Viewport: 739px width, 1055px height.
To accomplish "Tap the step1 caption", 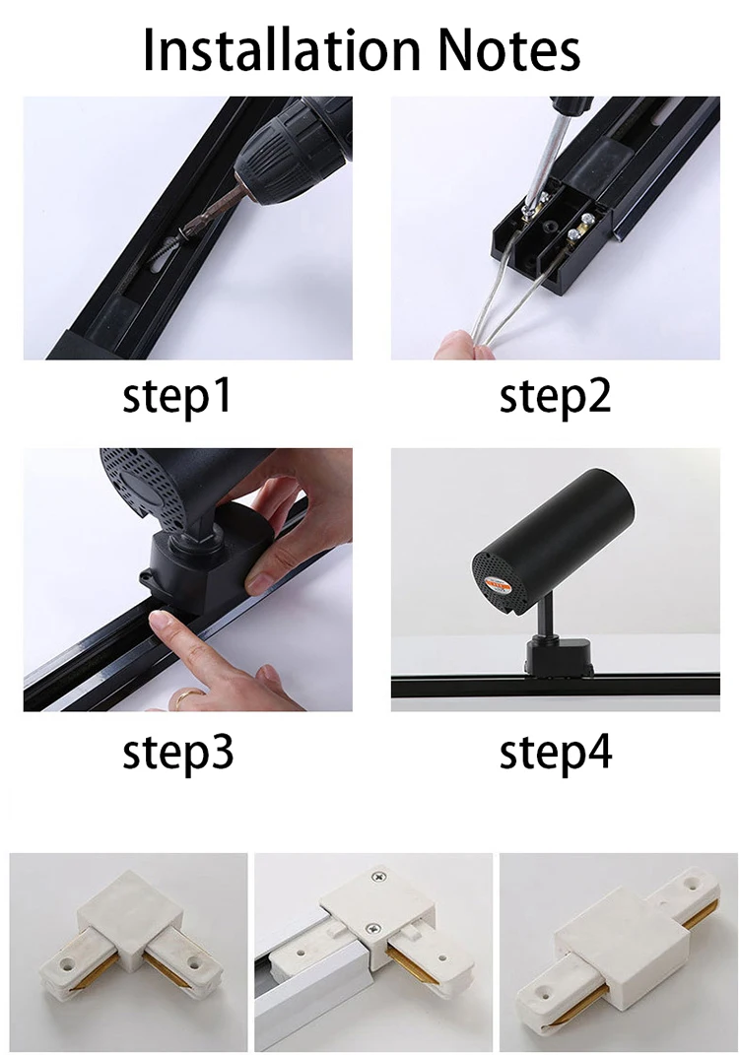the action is pyautogui.click(x=177, y=396).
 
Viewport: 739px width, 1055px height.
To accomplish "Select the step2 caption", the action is pyautogui.click(x=556, y=396).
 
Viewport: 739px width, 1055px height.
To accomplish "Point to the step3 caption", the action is pyautogui.click(x=178, y=753).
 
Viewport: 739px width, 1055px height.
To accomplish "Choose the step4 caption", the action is pyautogui.click(x=556, y=753).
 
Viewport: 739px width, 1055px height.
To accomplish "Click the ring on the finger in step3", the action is pyautogui.click(x=183, y=697).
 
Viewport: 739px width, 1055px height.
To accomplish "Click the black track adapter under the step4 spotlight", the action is pyautogui.click(x=559, y=656).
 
